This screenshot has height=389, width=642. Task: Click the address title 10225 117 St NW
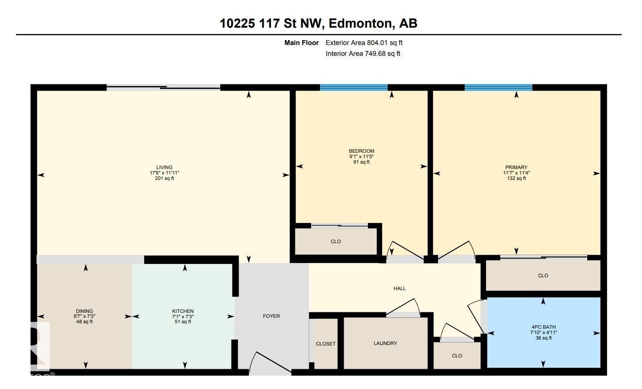[272, 23]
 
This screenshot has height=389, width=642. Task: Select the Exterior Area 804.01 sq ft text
[364, 43]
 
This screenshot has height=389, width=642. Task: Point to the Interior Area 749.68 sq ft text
[363, 54]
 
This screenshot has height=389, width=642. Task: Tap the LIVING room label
[164, 167]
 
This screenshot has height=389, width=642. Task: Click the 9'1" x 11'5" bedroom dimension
[361, 156]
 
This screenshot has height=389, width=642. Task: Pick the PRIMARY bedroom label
[516, 167]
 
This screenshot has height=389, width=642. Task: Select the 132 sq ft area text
[517, 178]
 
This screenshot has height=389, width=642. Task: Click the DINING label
[84, 311]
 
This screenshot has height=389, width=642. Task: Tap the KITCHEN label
[183, 311]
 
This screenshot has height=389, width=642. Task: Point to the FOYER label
[272, 316]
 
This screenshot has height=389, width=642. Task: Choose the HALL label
[400, 288]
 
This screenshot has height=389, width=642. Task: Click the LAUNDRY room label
[385, 343]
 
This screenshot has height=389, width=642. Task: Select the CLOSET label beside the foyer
[325, 344]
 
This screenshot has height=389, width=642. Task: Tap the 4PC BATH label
[543, 327]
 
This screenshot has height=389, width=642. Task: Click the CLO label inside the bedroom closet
[336, 242]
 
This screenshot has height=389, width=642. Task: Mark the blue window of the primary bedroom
[498, 87]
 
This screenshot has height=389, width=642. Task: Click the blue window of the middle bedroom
[354, 87]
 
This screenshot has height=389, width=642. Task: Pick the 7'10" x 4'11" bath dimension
[543, 333]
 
